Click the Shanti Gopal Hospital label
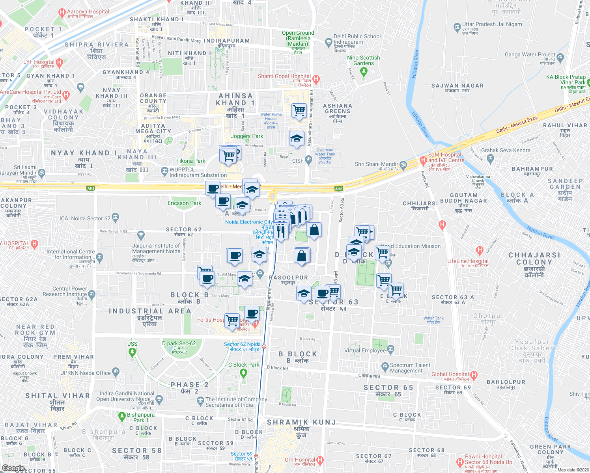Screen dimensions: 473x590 pos(284,76)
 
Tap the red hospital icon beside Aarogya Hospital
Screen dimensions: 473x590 pos(61,13)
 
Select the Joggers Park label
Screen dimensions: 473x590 pos(247,136)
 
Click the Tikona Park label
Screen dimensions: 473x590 pos(190,161)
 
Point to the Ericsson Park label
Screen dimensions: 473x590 pos(184,203)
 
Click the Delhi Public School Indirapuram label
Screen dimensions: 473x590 pos(357,39)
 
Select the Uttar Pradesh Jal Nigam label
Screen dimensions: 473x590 pos(492,24)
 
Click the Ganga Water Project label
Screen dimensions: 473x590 pos(530,55)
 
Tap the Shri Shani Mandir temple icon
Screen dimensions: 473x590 pos(403,164)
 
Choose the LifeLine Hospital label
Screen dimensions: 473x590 pos(468,261)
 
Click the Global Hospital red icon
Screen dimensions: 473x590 pos(474,374)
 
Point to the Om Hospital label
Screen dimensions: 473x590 pos(299,460)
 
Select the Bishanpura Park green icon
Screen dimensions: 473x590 pos(122,415)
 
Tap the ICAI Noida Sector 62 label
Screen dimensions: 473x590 pos(85,218)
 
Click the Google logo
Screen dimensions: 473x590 pos(13,468)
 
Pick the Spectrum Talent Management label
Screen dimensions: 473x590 pos(410,368)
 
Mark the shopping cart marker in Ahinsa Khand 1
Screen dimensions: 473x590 pos(299,111)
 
